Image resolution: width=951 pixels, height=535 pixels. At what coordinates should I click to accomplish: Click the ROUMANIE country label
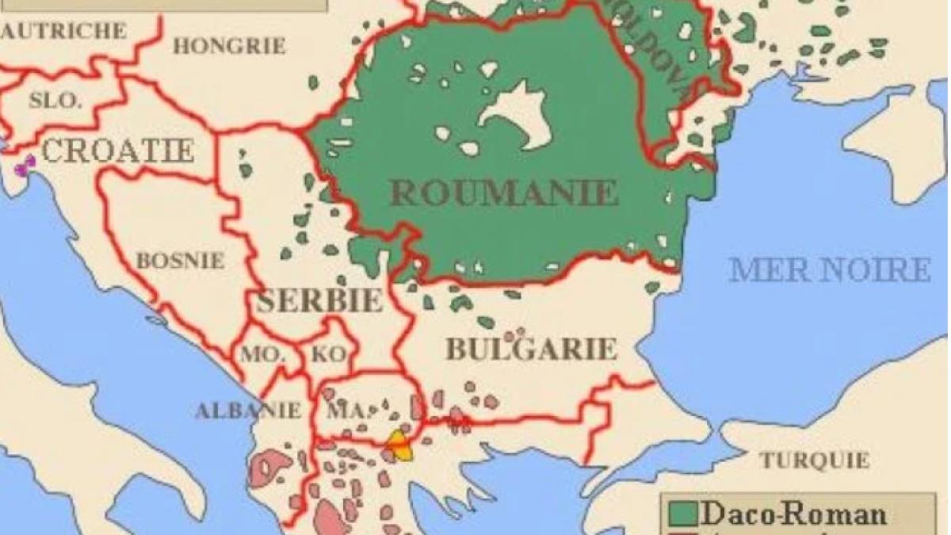(504, 193)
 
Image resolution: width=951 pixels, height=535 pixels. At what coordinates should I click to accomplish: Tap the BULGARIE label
(531, 349)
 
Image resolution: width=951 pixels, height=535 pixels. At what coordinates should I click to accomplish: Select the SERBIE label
(319, 301)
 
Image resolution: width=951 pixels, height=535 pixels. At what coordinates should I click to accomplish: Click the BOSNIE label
(180, 260)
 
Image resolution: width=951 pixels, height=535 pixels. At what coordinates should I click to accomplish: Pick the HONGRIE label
(229, 46)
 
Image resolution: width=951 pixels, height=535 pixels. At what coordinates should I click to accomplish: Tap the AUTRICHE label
(63, 31)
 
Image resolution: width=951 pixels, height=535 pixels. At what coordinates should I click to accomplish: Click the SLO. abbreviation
(55, 101)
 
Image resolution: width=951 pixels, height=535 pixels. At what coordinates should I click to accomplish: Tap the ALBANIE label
(248, 410)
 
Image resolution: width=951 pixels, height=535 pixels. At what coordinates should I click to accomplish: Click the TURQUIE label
(814, 460)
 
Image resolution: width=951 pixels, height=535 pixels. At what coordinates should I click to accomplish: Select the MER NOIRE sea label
(830, 270)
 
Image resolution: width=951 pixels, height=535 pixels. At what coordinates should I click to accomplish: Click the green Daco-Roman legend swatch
(681, 514)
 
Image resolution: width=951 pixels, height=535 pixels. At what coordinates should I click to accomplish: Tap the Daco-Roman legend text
(792, 514)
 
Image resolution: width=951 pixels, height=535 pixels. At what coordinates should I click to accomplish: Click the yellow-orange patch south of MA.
(400, 445)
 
